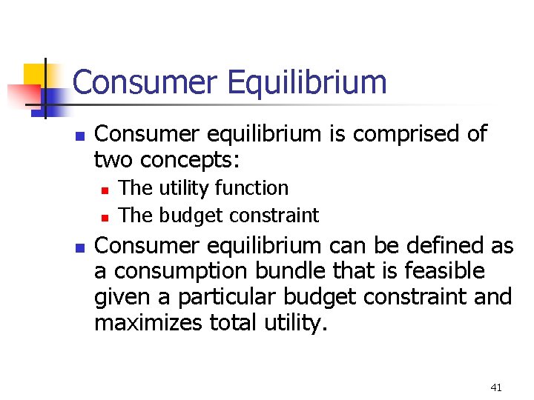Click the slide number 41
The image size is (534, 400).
496,387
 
